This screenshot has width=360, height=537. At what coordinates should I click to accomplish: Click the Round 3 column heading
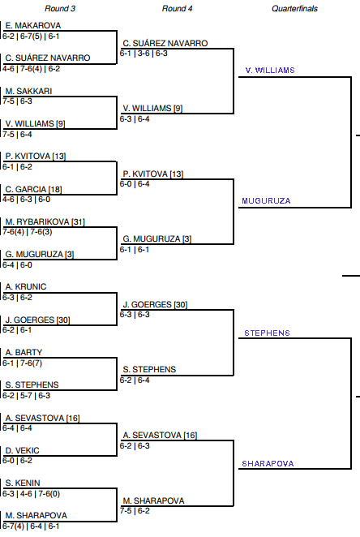click(x=60, y=9)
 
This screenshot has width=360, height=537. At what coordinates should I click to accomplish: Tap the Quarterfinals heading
click(x=294, y=9)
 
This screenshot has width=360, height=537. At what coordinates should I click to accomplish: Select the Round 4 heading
click(x=177, y=9)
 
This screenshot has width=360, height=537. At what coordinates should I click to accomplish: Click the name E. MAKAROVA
click(x=33, y=26)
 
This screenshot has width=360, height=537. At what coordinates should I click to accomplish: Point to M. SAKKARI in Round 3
click(x=28, y=91)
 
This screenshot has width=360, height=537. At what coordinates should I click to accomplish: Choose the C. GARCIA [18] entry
click(x=33, y=189)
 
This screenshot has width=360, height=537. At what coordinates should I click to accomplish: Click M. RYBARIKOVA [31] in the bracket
click(x=45, y=222)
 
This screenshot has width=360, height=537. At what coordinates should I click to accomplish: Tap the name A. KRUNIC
click(x=26, y=287)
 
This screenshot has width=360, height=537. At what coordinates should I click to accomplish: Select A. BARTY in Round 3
click(x=24, y=352)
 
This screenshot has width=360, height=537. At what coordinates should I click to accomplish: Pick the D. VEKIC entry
click(x=23, y=451)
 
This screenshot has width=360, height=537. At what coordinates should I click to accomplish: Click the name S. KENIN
click(x=23, y=483)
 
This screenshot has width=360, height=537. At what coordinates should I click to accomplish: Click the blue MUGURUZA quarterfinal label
click(x=266, y=201)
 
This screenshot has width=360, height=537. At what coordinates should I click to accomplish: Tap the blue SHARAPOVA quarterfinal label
click(x=268, y=464)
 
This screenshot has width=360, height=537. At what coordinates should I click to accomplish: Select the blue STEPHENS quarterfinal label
click(x=267, y=333)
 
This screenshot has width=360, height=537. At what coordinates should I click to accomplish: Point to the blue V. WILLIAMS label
click(x=270, y=71)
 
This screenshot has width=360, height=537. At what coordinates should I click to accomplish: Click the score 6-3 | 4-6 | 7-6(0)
click(x=31, y=494)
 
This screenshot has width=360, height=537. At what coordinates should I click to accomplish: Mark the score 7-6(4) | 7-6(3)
click(x=28, y=232)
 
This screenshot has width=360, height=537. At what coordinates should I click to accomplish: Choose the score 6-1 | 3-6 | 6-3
click(x=144, y=54)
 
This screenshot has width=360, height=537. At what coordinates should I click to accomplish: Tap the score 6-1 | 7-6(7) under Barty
click(x=22, y=363)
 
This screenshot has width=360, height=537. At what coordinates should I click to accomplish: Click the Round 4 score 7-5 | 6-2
click(x=135, y=511)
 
